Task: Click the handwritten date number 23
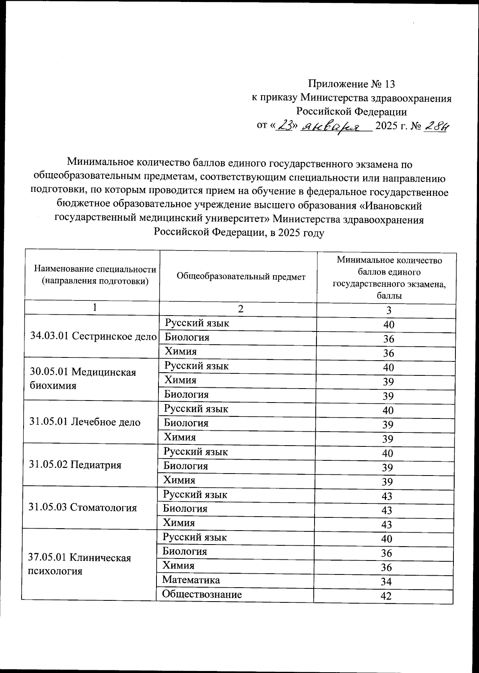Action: [285, 126]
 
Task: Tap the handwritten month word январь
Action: [336, 127]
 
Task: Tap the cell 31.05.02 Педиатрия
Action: [75, 465]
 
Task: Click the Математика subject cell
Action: [191, 580]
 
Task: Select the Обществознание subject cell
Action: [202, 594]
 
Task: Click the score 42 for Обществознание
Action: [386, 596]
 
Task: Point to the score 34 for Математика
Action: [386, 582]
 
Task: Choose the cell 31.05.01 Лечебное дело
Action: [85, 422]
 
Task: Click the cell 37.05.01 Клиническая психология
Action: [80, 564]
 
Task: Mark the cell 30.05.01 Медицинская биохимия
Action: [83, 379]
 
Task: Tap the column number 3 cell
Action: [388, 311]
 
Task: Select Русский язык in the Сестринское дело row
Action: [197, 323]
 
